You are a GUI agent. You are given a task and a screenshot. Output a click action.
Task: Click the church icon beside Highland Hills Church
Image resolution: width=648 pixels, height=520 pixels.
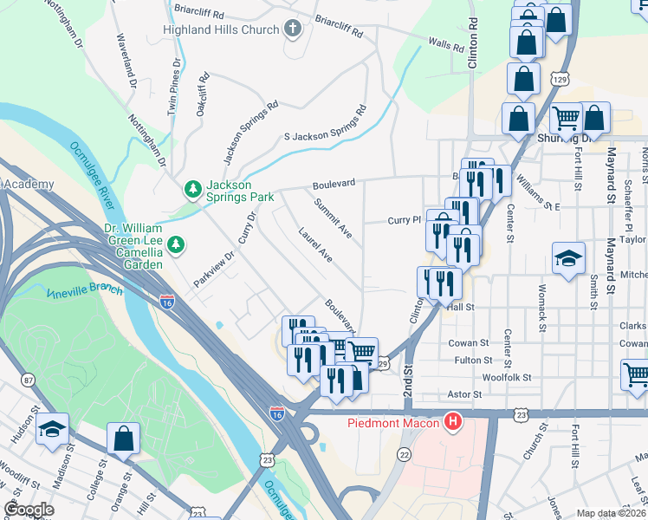293,29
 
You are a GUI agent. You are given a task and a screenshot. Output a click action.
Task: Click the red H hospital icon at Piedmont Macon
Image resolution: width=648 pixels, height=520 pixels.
451,423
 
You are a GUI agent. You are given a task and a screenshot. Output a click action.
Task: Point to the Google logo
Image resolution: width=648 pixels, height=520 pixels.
29,510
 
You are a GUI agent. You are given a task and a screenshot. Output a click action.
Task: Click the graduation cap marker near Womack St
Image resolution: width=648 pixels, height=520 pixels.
568,259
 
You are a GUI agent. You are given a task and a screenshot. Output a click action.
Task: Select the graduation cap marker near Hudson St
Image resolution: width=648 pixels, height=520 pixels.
51,431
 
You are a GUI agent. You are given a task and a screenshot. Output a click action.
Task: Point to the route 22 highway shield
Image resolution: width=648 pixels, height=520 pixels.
404,455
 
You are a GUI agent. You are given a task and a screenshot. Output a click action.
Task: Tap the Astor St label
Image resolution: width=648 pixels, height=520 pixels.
463,393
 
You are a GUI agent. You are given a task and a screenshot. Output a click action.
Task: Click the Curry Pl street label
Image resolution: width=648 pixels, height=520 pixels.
404,221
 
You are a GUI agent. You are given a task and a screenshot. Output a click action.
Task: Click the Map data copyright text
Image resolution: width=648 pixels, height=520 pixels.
612,511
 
